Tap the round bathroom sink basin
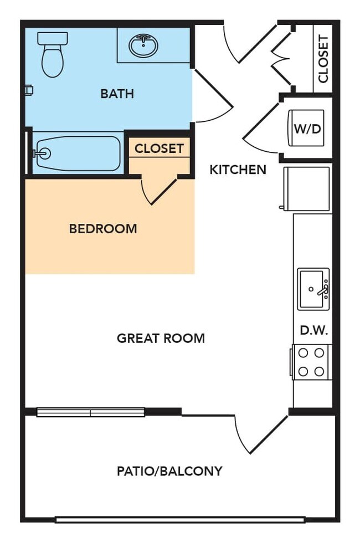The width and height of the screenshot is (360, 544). pyautogui.click(x=143, y=45)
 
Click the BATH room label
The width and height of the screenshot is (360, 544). pyautogui.click(x=117, y=94)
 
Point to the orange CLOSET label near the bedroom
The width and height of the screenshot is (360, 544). pyautogui.click(x=159, y=148)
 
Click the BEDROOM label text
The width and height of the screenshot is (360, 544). pyautogui.click(x=103, y=228)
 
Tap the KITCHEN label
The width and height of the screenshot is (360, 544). pyautogui.click(x=238, y=170)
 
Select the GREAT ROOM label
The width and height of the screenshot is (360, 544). pyautogui.click(x=161, y=338)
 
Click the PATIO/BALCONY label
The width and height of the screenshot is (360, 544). pyautogui.click(x=169, y=471)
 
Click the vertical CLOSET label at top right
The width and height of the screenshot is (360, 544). pyautogui.click(x=323, y=59)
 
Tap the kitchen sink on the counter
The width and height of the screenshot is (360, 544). pyautogui.click(x=313, y=289)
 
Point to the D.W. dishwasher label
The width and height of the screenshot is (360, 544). pyautogui.click(x=314, y=331)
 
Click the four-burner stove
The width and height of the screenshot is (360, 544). pyautogui.click(x=311, y=362)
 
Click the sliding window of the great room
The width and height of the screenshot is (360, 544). pyautogui.click(x=91, y=412)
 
